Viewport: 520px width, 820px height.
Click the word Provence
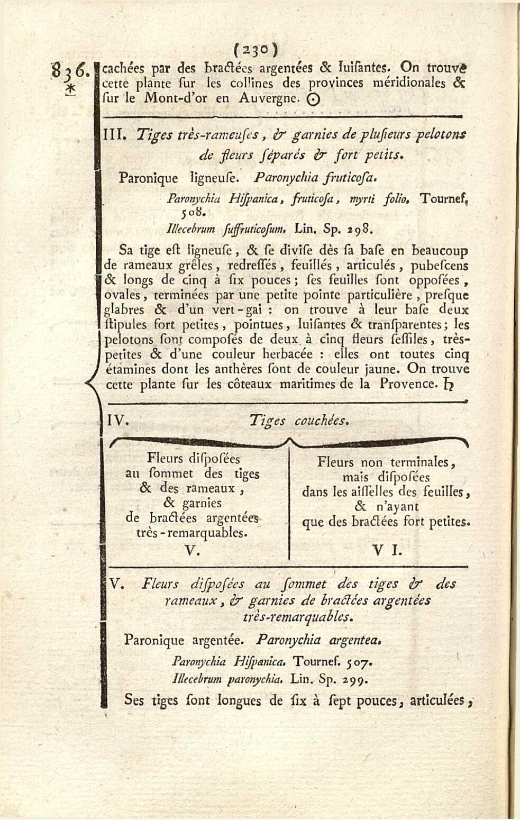pyautogui.click(x=408, y=384)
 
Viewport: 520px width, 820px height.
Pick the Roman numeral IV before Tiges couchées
pyautogui.click(x=116, y=421)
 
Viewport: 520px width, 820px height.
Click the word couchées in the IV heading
pyautogui.click(x=322, y=421)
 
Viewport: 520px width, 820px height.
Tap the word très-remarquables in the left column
pyautogui.click(x=192, y=533)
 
